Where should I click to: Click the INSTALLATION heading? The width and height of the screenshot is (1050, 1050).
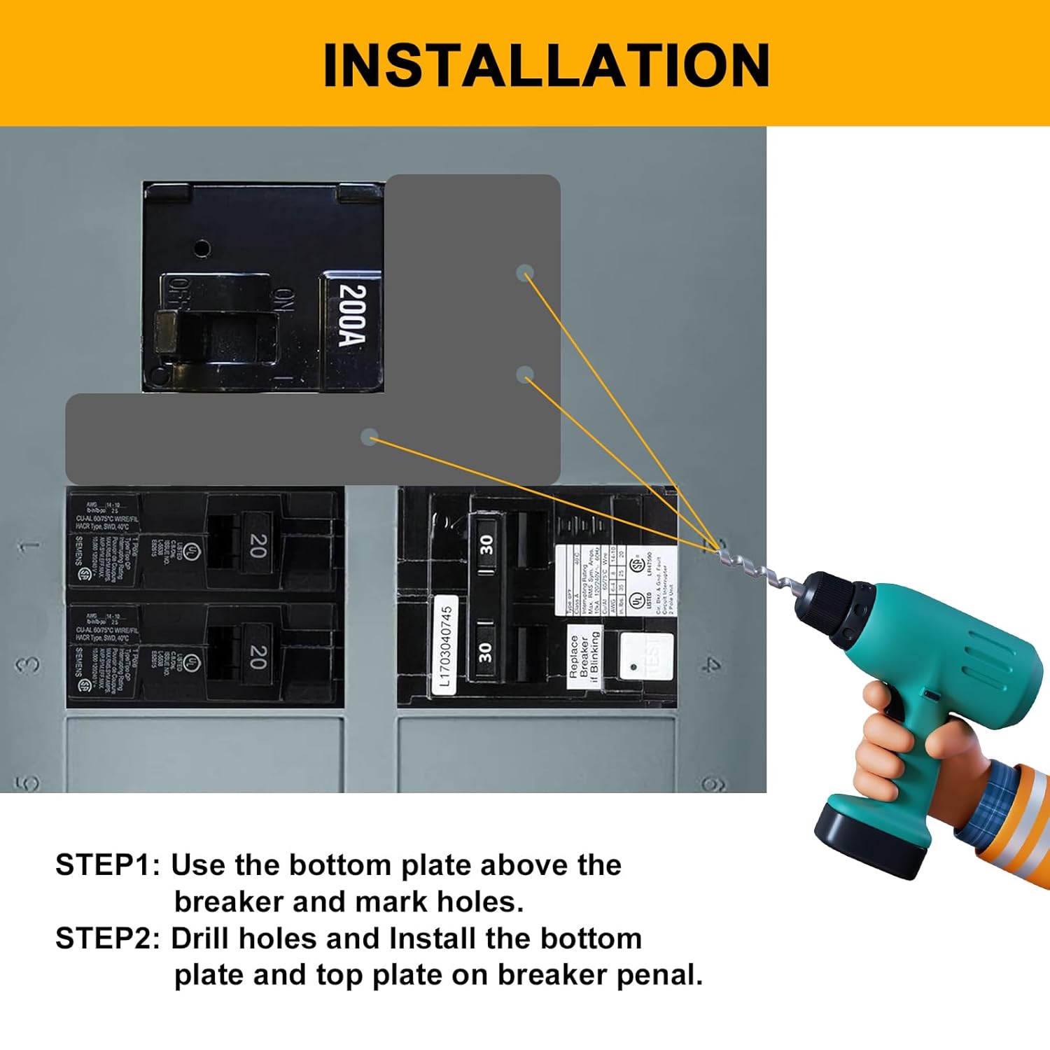click(546, 64)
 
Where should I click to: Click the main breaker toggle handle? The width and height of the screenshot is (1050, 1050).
click(210, 335)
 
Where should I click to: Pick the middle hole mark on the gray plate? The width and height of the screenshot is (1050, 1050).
click(525, 375)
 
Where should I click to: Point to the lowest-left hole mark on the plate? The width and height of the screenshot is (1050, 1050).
click(369, 437)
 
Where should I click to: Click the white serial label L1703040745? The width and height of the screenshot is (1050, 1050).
click(445, 645)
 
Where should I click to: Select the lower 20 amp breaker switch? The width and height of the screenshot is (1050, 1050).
click(258, 657)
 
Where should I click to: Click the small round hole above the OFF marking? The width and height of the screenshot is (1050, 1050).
click(202, 248)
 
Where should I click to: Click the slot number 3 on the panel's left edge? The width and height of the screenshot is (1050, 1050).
click(28, 664)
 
